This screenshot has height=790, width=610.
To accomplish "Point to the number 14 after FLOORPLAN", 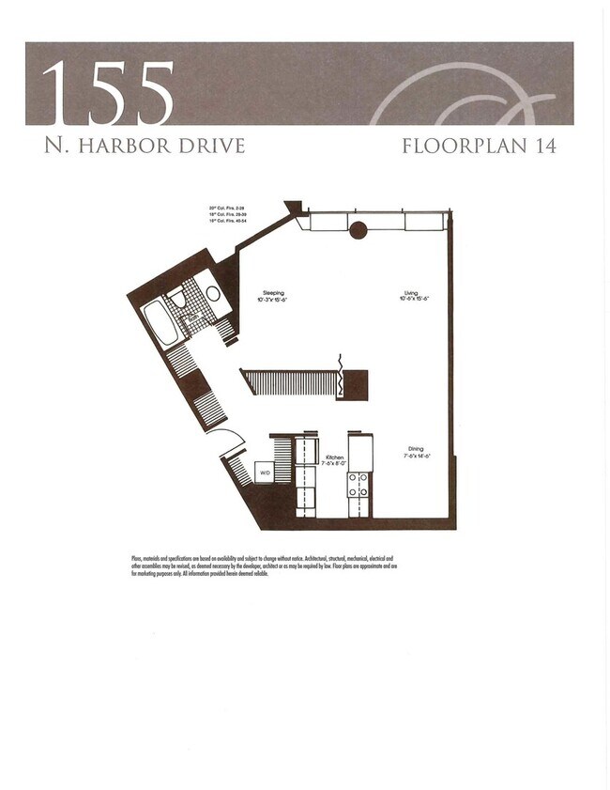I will click(542, 146).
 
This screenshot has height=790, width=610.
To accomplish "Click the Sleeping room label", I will click(273, 293).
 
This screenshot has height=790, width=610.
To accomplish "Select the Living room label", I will click(411, 293).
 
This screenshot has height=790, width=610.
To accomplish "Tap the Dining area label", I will click(416, 449).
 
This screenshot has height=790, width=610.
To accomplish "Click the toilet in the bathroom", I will click(176, 299).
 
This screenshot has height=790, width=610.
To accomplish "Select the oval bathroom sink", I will click(213, 292).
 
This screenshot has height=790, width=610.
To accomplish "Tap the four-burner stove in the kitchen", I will click(358, 484).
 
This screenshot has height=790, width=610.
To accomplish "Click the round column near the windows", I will click(358, 229).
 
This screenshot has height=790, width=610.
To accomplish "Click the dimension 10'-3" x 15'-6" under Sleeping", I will click(273, 299).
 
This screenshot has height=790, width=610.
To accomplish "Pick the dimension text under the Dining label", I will click(416, 456).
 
